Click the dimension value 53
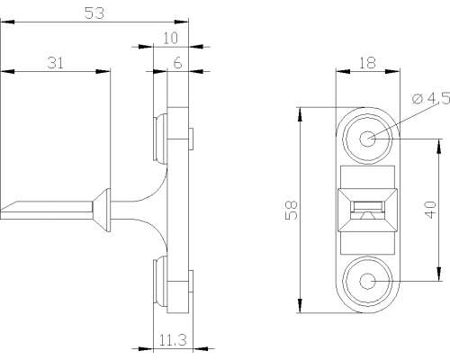click(x=94, y=13)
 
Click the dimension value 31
click(x=56, y=63)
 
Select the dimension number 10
click(x=170, y=38)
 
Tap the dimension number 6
click(x=177, y=63)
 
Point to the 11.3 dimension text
click(x=173, y=340)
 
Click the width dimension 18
click(x=367, y=63)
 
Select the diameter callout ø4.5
click(x=431, y=98)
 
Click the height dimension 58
click(x=291, y=210)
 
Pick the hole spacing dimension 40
click(x=430, y=210)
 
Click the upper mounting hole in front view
click(x=367, y=139)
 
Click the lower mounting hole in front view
click(x=367, y=282)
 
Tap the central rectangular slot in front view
click(x=367, y=207)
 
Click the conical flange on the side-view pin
click(x=101, y=210)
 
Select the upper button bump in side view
click(x=160, y=139)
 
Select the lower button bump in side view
click(x=160, y=281)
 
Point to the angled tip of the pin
click(x=9, y=207)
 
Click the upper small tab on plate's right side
click(x=191, y=139)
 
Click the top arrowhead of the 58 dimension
click(x=300, y=114)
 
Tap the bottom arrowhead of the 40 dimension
click(x=439, y=274)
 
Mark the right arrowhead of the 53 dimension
click(x=181, y=22)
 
